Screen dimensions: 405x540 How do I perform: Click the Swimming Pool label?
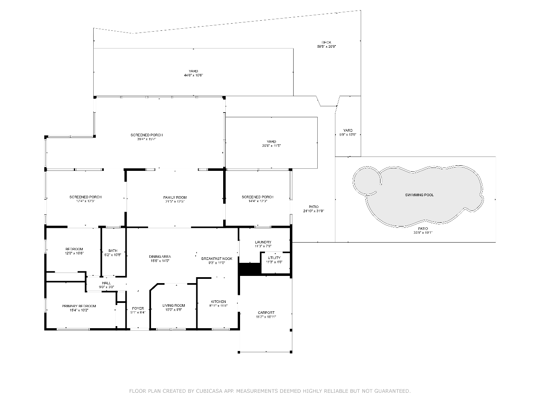coord(419,195)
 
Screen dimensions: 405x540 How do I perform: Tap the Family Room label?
coord(175,197)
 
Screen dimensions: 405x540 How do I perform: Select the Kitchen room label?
coord(218,302)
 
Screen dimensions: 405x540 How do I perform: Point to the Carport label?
coord(266,313)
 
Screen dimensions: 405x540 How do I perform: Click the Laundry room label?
coord(263,242)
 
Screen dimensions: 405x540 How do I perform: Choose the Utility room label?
coord(274,258)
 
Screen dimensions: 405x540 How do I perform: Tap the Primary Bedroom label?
coord(79,306)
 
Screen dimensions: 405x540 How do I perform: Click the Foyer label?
coord(138,308)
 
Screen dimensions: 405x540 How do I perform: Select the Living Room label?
coord(173,305)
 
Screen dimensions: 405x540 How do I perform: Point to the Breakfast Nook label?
coord(216,258)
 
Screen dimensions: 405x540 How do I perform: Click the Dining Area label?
coord(160,256)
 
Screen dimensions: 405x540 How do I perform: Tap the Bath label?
coord(113,251)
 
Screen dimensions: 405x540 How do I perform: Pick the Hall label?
coord(106,283)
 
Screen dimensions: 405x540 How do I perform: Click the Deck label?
coord(327,42)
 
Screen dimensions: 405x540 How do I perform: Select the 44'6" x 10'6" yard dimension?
coord(193,75)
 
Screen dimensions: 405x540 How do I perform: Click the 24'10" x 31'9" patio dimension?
coord(313,211)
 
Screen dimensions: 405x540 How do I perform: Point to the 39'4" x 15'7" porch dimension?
coord(146,139)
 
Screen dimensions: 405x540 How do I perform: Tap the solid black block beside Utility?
coord(250,269)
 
